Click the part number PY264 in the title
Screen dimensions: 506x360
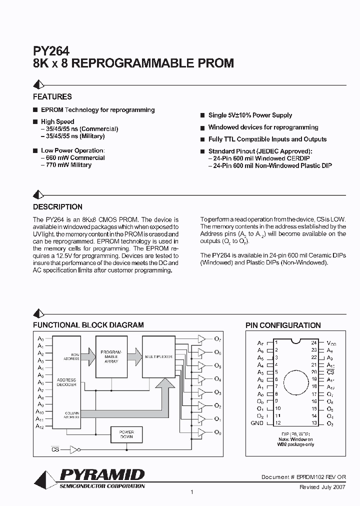point(51,50)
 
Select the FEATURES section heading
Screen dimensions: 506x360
point(52,96)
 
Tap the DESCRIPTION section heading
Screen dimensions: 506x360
point(57,206)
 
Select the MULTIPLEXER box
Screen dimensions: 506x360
point(158,357)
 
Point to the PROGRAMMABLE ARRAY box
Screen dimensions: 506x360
point(111,356)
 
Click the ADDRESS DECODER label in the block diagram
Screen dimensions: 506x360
point(66,382)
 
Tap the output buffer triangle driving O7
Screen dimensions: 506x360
point(201,339)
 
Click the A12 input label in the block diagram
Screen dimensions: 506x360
point(40,426)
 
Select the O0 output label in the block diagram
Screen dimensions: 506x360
point(217,431)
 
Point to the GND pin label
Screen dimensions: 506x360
point(256,423)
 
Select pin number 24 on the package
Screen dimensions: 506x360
point(314,343)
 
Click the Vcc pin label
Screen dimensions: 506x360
point(331,343)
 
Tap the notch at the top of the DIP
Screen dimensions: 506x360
point(295,341)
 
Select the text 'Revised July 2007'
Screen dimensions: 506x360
point(322,486)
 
